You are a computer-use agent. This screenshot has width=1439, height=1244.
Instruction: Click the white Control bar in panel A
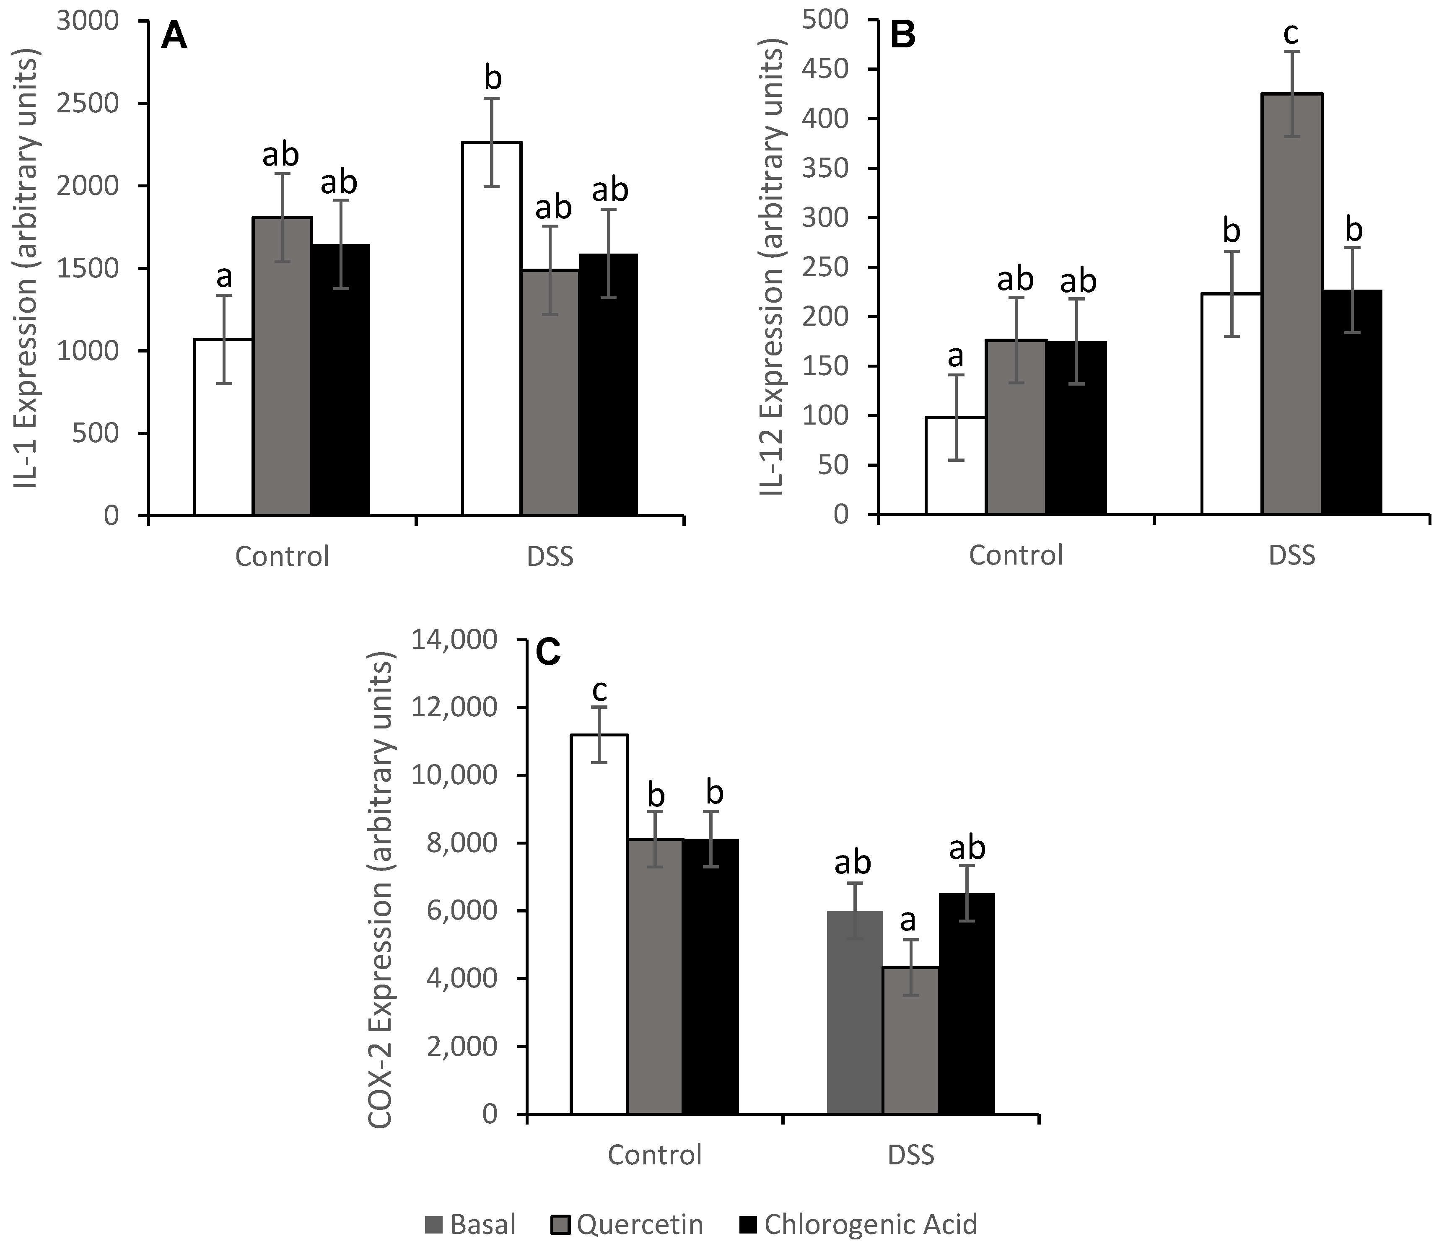pyautogui.click(x=223, y=427)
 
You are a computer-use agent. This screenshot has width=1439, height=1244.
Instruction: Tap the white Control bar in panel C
pyautogui.click(x=599, y=924)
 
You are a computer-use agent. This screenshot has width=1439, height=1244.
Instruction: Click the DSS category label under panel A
pyautogui.click(x=550, y=557)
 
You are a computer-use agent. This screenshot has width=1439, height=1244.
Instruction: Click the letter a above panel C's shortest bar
pyautogui.click(x=908, y=921)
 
